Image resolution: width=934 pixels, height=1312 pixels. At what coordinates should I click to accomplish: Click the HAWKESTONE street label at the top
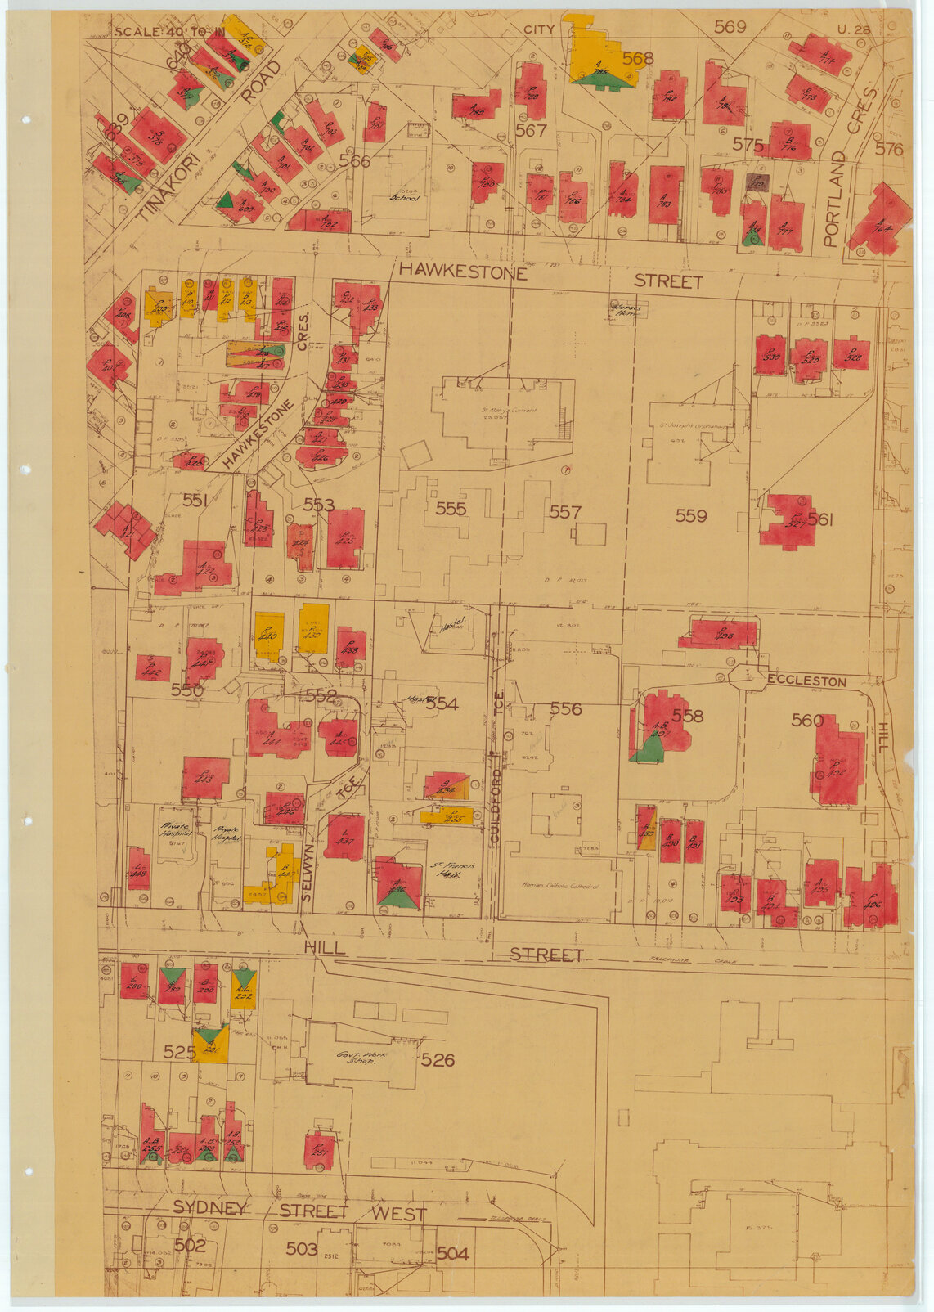461,271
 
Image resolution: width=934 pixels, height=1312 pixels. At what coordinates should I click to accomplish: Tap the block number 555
451,510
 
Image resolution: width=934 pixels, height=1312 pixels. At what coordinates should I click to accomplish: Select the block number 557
564,512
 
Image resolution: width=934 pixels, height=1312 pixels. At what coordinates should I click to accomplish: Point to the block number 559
691,515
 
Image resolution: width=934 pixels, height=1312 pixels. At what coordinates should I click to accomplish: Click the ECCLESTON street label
806,681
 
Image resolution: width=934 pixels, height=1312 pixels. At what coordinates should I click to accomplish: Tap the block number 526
438,1060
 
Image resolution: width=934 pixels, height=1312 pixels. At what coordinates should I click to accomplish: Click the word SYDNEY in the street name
209,1209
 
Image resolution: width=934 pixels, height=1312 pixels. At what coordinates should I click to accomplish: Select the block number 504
452,1253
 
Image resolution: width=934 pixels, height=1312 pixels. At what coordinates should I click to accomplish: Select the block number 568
638,58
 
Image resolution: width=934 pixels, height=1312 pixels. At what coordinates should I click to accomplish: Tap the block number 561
820,519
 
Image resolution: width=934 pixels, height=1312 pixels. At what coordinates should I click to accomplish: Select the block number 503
301,1248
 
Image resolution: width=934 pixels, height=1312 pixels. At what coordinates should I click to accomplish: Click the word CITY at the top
539,29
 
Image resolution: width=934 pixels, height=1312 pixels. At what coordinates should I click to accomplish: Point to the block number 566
354,162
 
